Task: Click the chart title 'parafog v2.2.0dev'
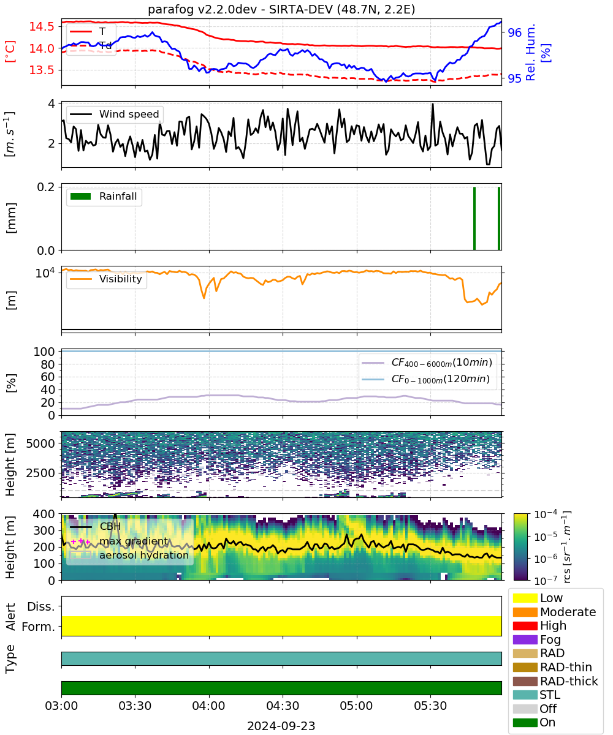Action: point(202,10)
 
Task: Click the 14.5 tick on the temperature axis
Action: point(42,26)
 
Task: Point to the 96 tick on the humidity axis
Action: point(514,32)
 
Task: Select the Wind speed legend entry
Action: point(115,114)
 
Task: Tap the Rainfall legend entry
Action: point(104,196)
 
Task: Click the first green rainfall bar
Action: point(474,218)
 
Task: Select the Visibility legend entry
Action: point(106,279)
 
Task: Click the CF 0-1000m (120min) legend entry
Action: point(426,379)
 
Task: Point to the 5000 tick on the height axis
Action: point(40,443)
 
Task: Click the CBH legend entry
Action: point(96,527)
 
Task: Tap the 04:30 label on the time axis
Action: point(283,706)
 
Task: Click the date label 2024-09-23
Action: point(281,726)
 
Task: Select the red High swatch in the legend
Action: point(525,626)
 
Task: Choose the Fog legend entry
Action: point(536,639)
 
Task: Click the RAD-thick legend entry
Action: point(555,681)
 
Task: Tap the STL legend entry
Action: point(536,695)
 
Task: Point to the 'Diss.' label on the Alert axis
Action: point(41,606)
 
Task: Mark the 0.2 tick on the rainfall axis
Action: point(46,187)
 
